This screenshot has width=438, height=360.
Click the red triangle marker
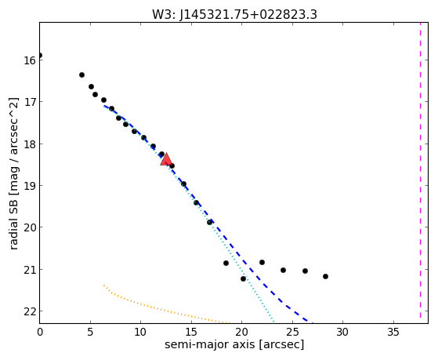coord(166,159)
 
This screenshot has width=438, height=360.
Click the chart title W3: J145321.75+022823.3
coord(234,15)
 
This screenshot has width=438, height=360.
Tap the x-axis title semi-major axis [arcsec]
coord(234,344)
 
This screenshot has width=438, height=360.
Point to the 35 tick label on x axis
coord(393,333)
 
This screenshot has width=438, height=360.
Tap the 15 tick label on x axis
coord(191,333)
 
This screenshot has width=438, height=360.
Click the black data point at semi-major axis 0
coord(40,56)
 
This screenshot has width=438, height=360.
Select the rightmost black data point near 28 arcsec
coord(325,276)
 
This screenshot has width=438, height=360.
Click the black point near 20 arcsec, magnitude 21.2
coord(244,279)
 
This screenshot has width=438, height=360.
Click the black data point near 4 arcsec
coord(81,75)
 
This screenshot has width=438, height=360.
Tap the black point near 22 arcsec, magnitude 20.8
coord(262,263)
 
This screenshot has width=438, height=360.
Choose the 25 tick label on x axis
coord(292,333)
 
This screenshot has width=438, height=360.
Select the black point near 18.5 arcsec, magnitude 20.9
coord(226,264)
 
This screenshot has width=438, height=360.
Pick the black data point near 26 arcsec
coord(305,271)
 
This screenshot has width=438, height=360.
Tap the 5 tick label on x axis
coord(90,333)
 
